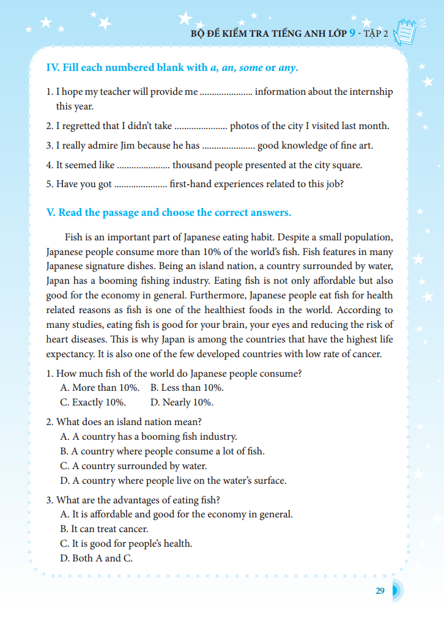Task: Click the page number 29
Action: click(380, 591)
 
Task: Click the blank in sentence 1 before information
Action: click(226, 92)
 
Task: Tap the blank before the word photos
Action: click(201, 127)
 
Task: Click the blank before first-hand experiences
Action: click(141, 184)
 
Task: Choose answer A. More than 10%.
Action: click(100, 388)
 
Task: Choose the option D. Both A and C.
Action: click(96, 558)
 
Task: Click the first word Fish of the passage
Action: click(75, 237)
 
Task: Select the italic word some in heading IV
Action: click(251, 67)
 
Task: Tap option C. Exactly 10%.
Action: click(93, 402)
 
